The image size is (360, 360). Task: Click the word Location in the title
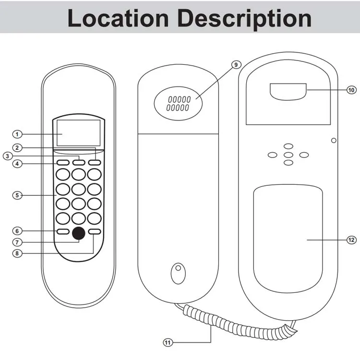[x=117, y=18]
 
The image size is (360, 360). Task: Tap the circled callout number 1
[x=17, y=134]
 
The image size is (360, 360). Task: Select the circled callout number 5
[x=17, y=195]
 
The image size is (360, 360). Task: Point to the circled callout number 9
[x=235, y=65]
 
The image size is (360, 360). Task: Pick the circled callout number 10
[x=351, y=90]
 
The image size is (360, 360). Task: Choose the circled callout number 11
[x=168, y=342]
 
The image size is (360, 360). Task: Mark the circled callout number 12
[x=351, y=240]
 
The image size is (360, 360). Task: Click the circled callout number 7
[x=17, y=242]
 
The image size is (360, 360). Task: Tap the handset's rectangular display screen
[x=79, y=133]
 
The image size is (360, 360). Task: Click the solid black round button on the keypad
[x=79, y=233]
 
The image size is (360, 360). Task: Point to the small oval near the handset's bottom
[x=178, y=274]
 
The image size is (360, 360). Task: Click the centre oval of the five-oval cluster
[x=288, y=155]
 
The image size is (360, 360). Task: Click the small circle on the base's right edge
[x=334, y=141]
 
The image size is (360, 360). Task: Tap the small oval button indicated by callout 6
[x=63, y=231]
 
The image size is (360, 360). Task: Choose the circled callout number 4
[x=17, y=164]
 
